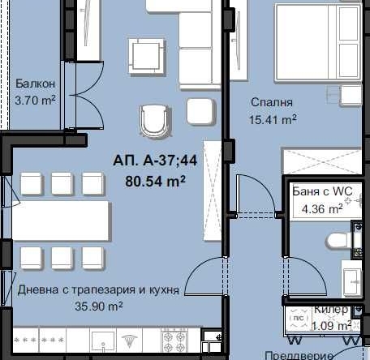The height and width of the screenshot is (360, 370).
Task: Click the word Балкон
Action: tap(35, 84)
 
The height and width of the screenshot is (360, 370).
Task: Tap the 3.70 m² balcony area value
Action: tap(35, 101)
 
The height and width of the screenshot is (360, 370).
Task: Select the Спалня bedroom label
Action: tap(271, 102)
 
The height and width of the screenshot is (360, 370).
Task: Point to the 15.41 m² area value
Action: tap(271, 120)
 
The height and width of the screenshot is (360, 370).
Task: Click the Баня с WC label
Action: tap(322, 192)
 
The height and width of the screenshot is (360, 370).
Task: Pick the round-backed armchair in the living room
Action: tap(156, 121)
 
